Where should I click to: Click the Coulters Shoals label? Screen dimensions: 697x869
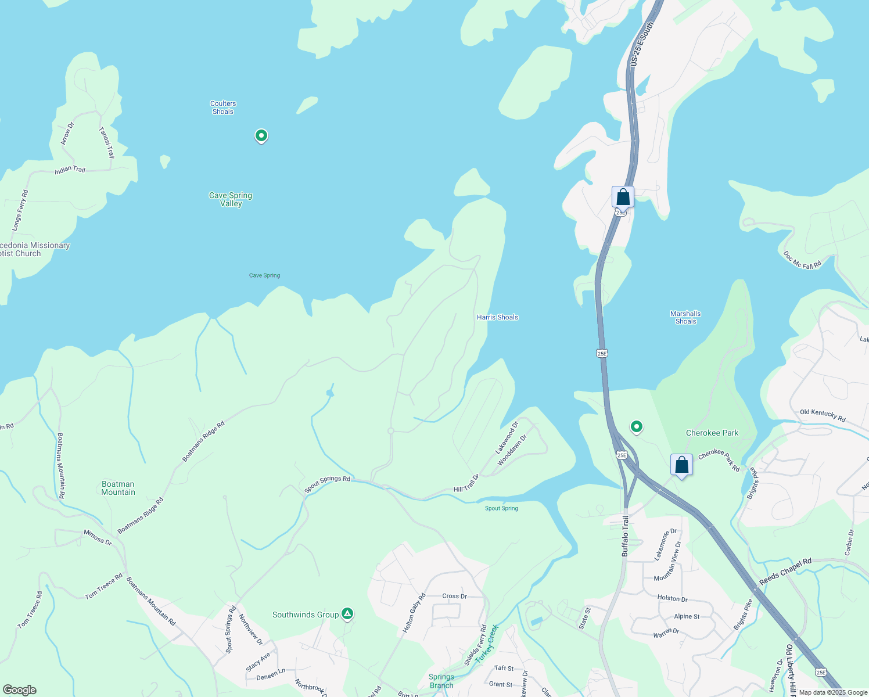(x=223, y=107)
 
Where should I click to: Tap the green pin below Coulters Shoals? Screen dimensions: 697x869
(x=261, y=136)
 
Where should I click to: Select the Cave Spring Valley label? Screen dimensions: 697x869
(x=231, y=199)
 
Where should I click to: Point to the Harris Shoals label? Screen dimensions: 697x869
(x=497, y=317)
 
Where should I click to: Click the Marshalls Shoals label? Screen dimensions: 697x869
(x=685, y=317)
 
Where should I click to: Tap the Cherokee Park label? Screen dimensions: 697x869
(x=712, y=433)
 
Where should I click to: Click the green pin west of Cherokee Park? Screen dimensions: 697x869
(x=637, y=427)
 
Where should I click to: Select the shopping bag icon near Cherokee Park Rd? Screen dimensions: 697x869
(x=681, y=465)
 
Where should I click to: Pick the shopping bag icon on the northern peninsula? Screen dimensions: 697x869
(x=623, y=197)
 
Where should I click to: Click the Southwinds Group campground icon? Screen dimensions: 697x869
(x=347, y=613)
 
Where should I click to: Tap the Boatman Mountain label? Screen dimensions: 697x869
(x=118, y=488)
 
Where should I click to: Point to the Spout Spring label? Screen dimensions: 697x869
(x=501, y=508)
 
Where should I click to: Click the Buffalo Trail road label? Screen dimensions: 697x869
(x=625, y=536)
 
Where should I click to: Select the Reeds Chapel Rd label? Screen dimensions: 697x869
(x=785, y=572)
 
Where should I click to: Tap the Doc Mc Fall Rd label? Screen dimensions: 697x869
(x=802, y=260)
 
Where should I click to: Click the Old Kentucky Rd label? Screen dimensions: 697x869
(x=823, y=415)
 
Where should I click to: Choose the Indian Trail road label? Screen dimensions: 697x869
(x=70, y=170)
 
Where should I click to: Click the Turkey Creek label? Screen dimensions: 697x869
(x=487, y=644)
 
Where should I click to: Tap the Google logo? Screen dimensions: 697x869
(x=19, y=690)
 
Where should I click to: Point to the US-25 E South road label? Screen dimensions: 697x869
(x=642, y=44)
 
